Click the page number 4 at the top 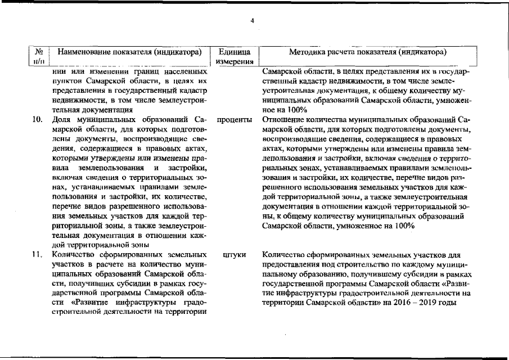[x=253, y=21]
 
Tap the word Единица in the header [x=236, y=52]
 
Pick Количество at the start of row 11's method [x=285, y=255]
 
